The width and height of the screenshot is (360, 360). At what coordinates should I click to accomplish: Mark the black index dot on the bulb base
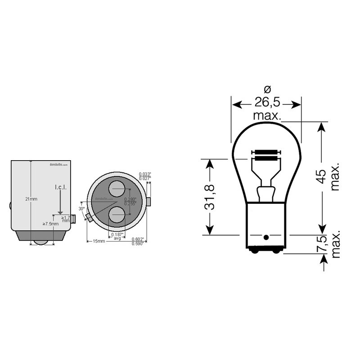[265, 237]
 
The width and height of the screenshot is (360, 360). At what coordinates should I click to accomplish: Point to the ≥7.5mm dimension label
[50, 224]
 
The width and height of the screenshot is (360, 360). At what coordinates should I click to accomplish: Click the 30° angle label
[81, 209]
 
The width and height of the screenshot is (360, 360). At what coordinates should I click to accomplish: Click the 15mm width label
[99, 241]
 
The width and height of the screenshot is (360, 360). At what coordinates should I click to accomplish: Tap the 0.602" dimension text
[138, 239]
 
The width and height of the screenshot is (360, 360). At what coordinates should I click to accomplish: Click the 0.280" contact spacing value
[130, 199]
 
